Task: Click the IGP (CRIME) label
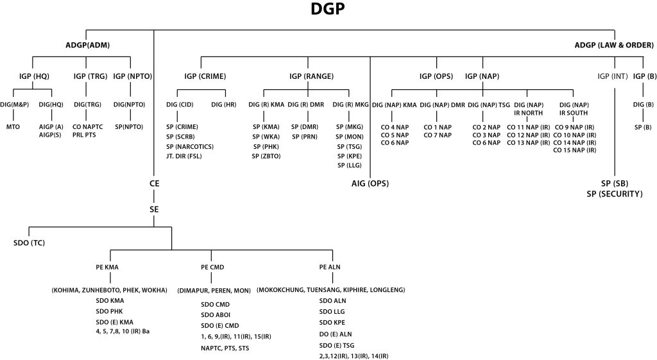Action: [205, 76]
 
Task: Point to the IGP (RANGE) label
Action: [311, 76]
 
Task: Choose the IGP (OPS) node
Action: [436, 76]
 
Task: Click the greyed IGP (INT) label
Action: [612, 76]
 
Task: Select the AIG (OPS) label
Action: [370, 184]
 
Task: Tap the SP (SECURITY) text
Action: [615, 193]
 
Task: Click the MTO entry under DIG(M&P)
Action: [13, 127]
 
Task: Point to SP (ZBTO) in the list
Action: [266, 156]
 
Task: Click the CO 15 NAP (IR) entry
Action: [575, 150]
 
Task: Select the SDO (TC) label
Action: [29, 243]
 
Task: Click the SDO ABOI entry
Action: [215, 314]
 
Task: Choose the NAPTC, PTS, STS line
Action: [225, 348]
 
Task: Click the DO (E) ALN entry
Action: [335, 334]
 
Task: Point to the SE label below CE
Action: [154, 210]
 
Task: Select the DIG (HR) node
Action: [225, 104]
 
